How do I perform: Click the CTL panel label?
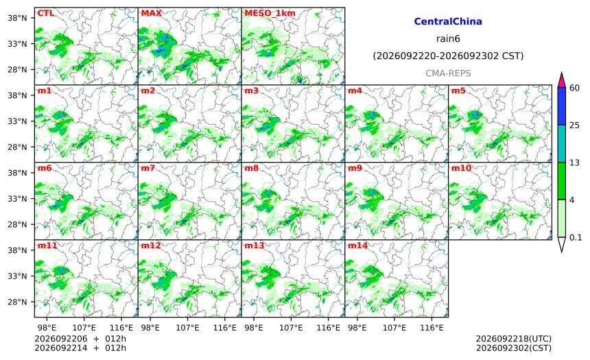click(45, 13)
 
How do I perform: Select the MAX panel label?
click(151, 13)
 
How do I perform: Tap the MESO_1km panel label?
click(270, 13)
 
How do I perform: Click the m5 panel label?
click(458, 91)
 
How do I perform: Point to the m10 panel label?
click(461, 168)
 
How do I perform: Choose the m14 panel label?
click(357, 245)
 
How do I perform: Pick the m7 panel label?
click(148, 168)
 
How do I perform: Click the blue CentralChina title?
click(448, 21)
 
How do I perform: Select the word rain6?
click(448, 39)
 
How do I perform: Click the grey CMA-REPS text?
click(448, 73)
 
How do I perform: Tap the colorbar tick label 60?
click(574, 88)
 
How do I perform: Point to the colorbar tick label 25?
click(574, 125)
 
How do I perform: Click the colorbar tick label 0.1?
click(576, 237)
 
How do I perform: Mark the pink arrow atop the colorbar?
click(561, 80)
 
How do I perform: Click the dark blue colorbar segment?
click(561, 106)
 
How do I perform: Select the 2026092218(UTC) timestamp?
click(514, 339)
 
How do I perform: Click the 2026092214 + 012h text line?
click(80, 348)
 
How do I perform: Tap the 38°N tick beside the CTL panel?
click(17, 18)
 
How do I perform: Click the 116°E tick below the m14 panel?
click(432, 328)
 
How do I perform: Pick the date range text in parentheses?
click(448, 56)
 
